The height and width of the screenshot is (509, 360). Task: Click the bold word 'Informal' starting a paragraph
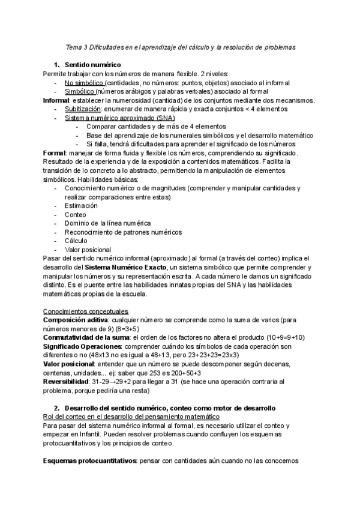(x=56, y=100)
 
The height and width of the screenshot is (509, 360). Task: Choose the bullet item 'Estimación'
(x=81, y=206)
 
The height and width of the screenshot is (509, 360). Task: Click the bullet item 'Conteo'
(x=75, y=215)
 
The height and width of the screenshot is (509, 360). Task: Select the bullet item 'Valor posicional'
(x=88, y=250)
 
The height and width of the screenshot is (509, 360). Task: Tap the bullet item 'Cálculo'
(x=76, y=241)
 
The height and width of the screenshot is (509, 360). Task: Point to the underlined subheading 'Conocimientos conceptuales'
(x=86, y=312)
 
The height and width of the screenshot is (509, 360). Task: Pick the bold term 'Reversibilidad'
(x=66, y=381)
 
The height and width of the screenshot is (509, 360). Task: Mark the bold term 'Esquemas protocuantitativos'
(x=90, y=461)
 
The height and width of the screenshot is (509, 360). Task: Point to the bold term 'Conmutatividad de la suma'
(x=85, y=338)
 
